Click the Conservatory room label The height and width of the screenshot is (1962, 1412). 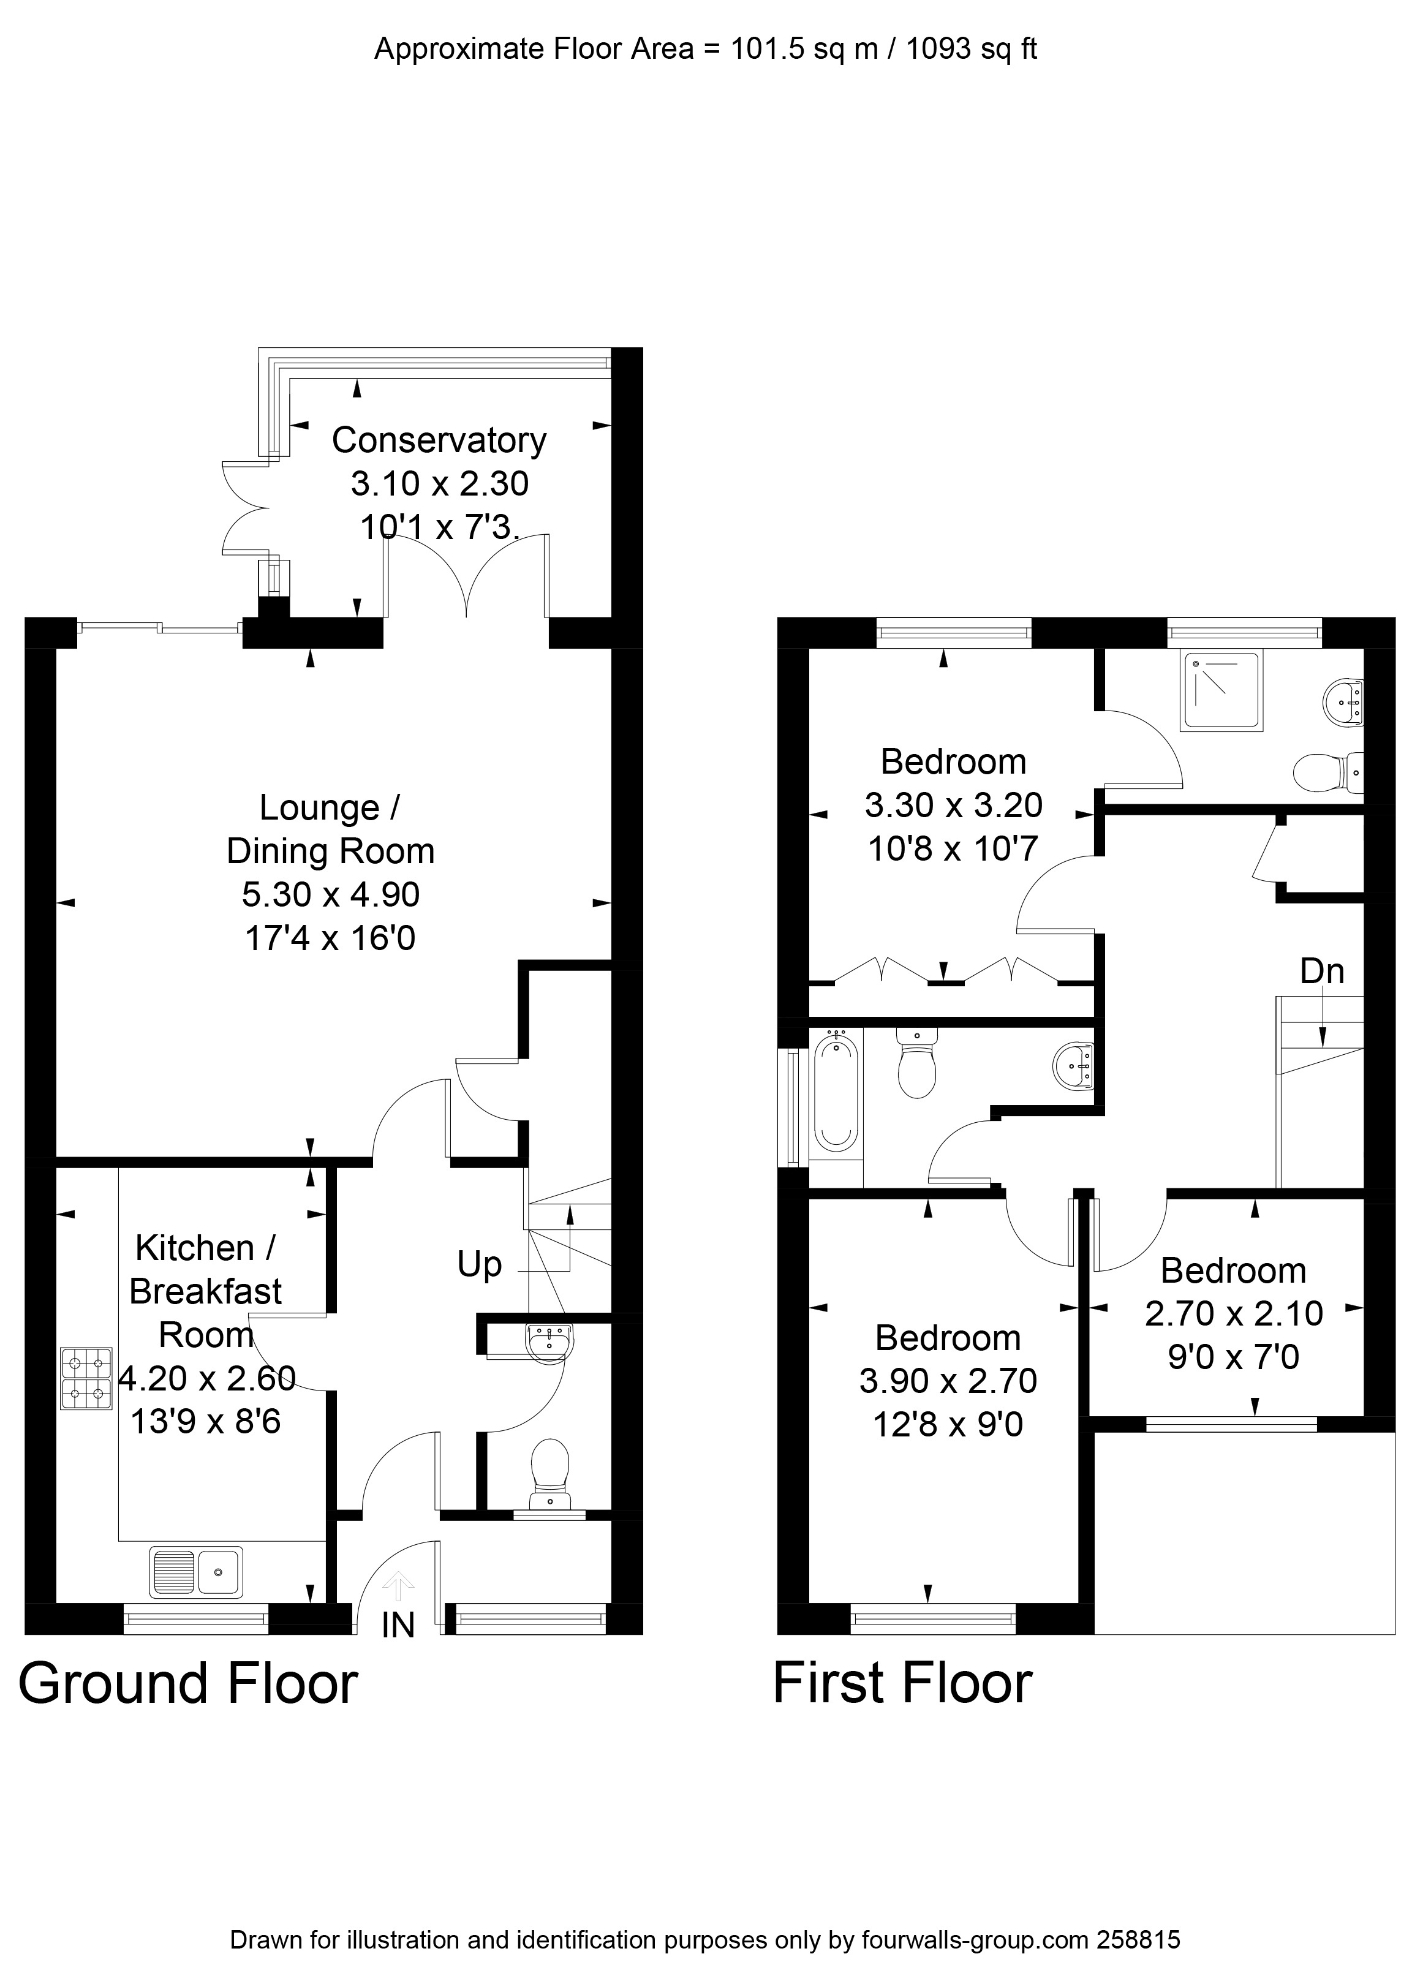pyautogui.click(x=439, y=440)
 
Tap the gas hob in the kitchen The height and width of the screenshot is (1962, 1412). pyautogui.click(x=86, y=1379)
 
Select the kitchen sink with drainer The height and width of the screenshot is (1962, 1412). pyautogui.click(x=197, y=1572)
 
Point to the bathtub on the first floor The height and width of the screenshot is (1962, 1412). pyautogui.click(x=835, y=1095)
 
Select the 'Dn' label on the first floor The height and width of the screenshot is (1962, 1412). pyautogui.click(x=1322, y=972)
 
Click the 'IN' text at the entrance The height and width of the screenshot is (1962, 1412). pyautogui.click(x=398, y=1626)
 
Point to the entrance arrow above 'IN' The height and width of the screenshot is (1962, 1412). pyautogui.click(x=398, y=1585)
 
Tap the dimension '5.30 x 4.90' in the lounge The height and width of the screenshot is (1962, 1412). pyautogui.click(x=331, y=894)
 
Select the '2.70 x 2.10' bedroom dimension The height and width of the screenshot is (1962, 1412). pyautogui.click(x=1234, y=1313)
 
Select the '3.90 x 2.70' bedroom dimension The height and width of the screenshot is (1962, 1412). pyautogui.click(x=948, y=1381)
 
